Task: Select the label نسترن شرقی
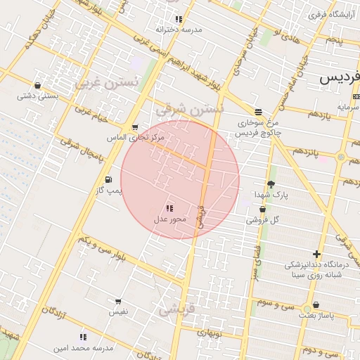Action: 188,109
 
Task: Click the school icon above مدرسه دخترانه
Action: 179,19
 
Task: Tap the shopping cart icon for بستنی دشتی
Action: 37,86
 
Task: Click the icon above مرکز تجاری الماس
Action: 135,127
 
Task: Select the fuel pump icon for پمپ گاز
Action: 108,179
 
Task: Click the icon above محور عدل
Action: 169,208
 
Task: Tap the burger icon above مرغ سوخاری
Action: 258,111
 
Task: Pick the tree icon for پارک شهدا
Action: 271,184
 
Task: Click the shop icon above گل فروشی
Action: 262,209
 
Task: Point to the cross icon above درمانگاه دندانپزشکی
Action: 317,254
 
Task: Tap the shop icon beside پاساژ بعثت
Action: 316,304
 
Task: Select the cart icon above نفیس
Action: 117,301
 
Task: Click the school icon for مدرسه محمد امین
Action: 83,337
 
